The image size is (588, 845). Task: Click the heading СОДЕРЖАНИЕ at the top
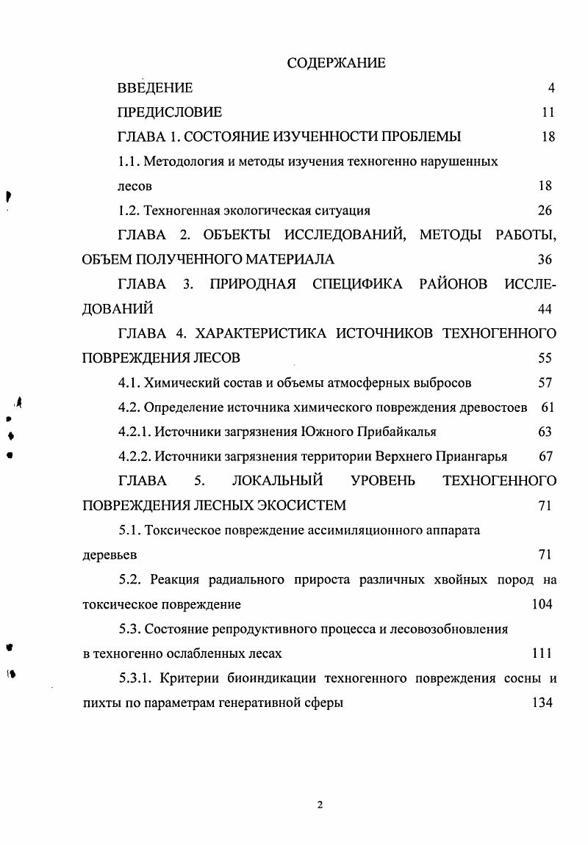[x=336, y=63]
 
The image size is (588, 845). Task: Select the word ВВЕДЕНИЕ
[x=155, y=88]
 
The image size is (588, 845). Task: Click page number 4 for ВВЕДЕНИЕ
[x=551, y=88]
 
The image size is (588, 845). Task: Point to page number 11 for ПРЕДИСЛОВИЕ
[x=548, y=112]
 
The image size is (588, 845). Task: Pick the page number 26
[x=545, y=211]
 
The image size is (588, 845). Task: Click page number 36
[x=545, y=259]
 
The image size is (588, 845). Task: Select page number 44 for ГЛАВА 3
[x=545, y=308]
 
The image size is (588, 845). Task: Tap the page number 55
[x=545, y=358]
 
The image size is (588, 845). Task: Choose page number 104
[x=542, y=604]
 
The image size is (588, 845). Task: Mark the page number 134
[x=542, y=703]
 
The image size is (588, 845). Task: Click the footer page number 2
[x=320, y=805]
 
